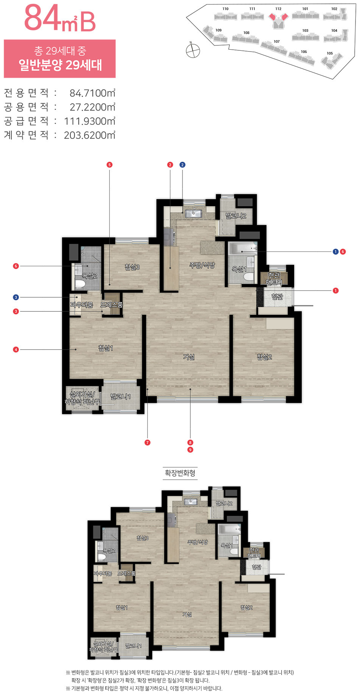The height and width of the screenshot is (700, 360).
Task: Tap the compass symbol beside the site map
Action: click(x=193, y=50)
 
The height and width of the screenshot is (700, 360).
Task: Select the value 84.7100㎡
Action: click(x=92, y=93)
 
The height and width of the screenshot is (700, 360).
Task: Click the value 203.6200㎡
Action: click(x=90, y=135)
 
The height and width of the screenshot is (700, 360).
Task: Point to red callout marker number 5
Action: click(x=109, y=165)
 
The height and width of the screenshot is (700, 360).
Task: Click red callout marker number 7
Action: click(x=148, y=442)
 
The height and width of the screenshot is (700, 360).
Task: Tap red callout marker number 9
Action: click(x=190, y=450)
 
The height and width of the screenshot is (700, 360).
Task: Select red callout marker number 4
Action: click(x=16, y=350)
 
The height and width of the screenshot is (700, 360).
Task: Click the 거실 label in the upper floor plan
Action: click(x=189, y=357)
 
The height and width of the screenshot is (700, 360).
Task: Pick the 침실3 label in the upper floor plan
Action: click(x=132, y=267)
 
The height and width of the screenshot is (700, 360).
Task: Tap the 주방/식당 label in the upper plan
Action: click(x=202, y=265)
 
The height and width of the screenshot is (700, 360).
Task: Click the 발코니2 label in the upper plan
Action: click(x=236, y=216)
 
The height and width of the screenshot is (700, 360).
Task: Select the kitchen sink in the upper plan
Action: click(x=193, y=213)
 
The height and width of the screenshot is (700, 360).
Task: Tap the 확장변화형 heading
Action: click(x=180, y=473)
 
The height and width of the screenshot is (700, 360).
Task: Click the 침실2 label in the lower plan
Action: click(x=246, y=608)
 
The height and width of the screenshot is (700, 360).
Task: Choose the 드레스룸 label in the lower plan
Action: click(x=126, y=573)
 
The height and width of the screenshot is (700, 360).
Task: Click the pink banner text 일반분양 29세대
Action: click(x=60, y=65)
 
